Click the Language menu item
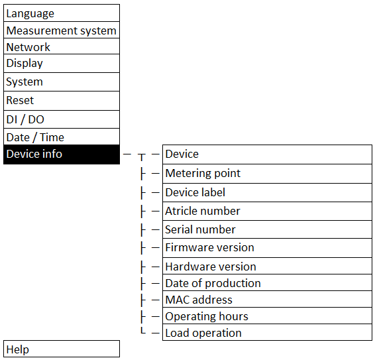tap(62, 13)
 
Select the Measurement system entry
tap(62, 30)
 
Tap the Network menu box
tap(62, 46)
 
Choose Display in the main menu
tap(62, 64)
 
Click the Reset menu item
tap(62, 101)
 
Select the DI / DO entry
tap(62, 119)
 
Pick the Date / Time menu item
tap(62, 137)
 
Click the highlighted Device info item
tap(62, 154)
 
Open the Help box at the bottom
tap(62, 349)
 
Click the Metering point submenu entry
tap(267, 174)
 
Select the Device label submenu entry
tap(267, 193)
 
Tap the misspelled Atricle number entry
tap(267, 211)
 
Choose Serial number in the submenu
tap(267, 229)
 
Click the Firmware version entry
tap(267, 248)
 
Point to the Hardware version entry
tap(267, 266)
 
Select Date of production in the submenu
tap(267, 282)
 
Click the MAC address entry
tap(267, 299)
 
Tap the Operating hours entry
tap(267, 316)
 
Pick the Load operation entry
tap(267, 332)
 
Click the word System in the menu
tap(25, 82)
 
